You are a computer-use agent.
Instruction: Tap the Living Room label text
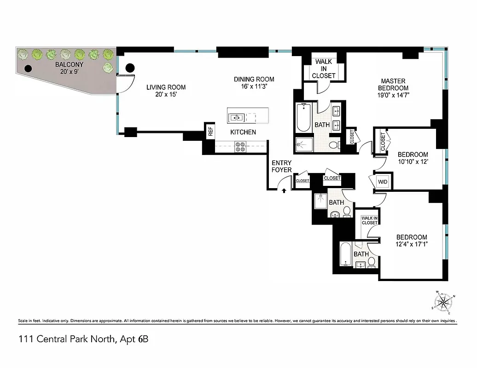click(166, 91)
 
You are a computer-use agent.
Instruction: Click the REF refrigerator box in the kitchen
click(210, 131)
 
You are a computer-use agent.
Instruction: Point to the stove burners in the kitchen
click(240, 147)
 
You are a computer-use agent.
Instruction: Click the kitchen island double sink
click(237, 118)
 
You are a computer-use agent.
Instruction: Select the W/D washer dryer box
click(382, 182)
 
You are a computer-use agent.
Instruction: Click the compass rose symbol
click(444, 302)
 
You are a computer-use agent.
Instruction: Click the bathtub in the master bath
click(303, 118)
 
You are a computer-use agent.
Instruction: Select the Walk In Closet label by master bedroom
click(324, 69)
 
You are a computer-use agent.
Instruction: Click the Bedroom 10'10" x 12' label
click(413, 158)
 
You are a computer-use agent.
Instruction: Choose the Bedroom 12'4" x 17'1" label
click(412, 241)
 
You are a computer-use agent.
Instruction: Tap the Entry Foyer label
click(281, 167)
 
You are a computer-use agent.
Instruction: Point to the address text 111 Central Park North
click(83, 340)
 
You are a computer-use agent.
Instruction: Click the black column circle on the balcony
click(28, 69)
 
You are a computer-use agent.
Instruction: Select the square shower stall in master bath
click(303, 144)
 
